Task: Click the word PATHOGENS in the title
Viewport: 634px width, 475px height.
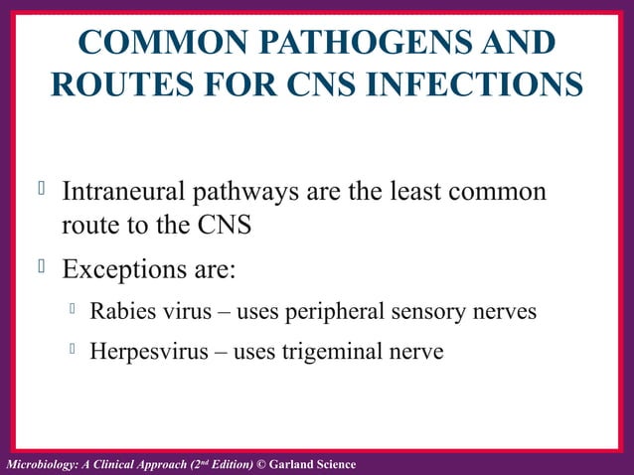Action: (x=330, y=44)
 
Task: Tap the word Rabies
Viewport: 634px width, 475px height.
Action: (x=121, y=311)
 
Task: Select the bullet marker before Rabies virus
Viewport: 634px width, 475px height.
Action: (x=73, y=309)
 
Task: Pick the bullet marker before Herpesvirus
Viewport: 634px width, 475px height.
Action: (x=73, y=349)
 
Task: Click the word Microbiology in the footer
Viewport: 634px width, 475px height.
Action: (x=40, y=465)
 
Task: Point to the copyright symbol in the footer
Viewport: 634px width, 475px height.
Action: (x=262, y=465)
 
